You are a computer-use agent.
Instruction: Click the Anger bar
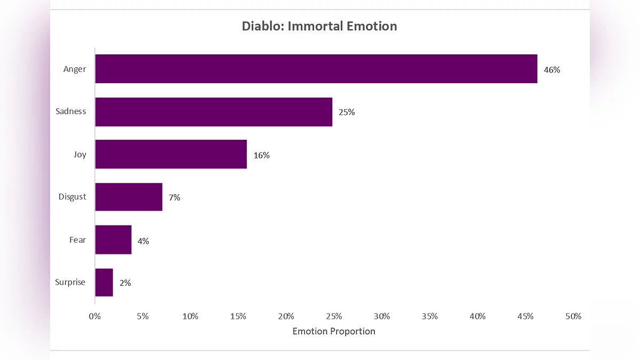click(316, 69)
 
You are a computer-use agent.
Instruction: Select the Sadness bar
click(214, 112)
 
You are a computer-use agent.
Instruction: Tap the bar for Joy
click(171, 155)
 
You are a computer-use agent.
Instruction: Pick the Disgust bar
click(129, 197)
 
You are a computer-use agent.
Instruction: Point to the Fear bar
click(114, 239)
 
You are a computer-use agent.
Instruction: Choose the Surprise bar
click(104, 282)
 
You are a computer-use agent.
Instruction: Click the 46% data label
click(552, 69)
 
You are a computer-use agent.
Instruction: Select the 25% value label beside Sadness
click(347, 112)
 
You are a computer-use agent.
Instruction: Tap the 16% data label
click(261, 155)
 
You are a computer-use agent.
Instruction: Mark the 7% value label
click(174, 197)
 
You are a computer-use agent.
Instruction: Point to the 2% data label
click(125, 283)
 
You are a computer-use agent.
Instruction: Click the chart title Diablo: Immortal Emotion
click(319, 26)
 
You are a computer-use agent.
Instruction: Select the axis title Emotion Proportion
click(334, 331)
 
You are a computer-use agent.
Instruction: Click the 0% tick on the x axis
click(95, 316)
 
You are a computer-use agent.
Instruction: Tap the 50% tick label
click(573, 316)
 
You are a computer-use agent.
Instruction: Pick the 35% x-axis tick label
click(430, 316)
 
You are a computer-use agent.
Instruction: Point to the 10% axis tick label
click(190, 316)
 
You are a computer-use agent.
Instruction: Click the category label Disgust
click(72, 196)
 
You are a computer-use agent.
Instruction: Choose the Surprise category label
click(70, 282)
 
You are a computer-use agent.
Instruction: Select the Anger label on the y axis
click(75, 69)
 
